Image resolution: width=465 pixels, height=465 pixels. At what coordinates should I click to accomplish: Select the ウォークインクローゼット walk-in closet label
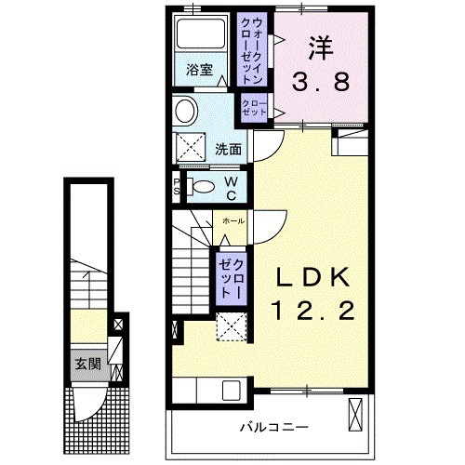pyautogui.click(x=256, y=50)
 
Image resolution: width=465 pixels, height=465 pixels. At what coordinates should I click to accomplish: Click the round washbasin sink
pyautogui.click(x=184, y=112)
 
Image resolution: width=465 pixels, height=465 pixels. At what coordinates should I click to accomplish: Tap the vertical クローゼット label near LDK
pyautogui.click(x=231, y=276)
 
